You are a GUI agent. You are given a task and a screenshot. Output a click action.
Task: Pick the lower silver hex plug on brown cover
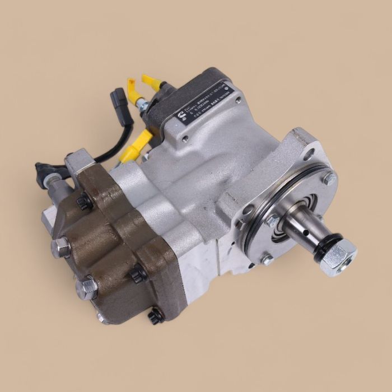(x=87, y=287)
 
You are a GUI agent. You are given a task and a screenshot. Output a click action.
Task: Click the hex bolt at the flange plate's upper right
(x=329, y=179)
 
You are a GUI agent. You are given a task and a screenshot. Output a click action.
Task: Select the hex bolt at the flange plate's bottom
(x=267, y=259)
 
